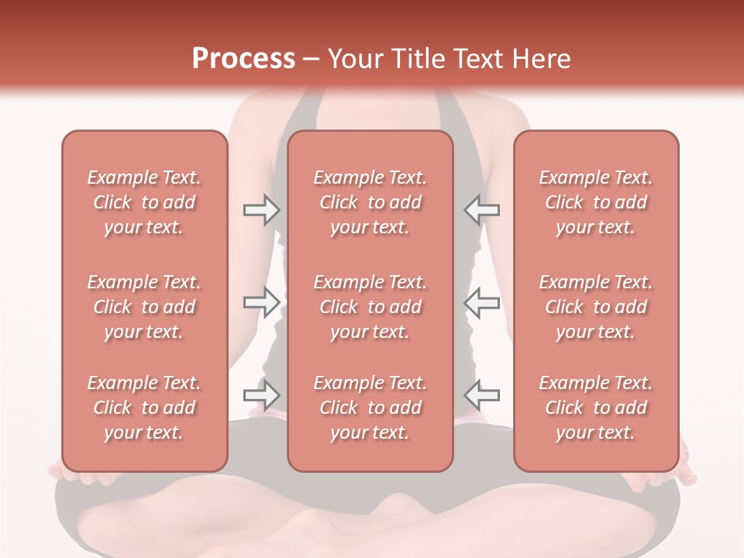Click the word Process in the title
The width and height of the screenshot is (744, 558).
pyautogui.click(x=243, y=59)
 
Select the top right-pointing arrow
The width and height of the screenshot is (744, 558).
pyautogui.click(x=261, y=210)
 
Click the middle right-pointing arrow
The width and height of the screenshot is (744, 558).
pyautogui.click(x=261, y=302)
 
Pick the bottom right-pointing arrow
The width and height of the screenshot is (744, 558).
pyautogui.click(x=261, y=395)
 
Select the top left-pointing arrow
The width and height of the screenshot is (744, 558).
pyautogui.click(x=482, y=210)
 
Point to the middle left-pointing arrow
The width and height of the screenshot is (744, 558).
pyautogui.click(x=482, y=302)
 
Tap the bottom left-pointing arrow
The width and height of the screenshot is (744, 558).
pyautogui.click(x=482, y=395)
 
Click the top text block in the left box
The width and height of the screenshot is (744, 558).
pyautogui.click(x=144, y=202)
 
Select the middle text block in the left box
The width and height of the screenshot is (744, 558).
pyautogui.click(x=144, y=307)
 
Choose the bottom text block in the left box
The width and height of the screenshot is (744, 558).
pyautogui.click(x=144, y=408)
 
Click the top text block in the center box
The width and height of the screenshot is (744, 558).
pyautogui.click(x=370, y=202)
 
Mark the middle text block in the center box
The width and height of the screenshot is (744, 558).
pyautogui.click(x=370, y=307)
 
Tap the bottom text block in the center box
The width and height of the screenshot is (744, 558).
pyautogui.click(x=370, y=408)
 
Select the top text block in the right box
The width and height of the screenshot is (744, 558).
pyautogui.click(x=595, y=202)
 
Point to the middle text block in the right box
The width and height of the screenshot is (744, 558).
pyautogui.click(x=595, y=307)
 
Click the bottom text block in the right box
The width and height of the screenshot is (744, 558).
pyautogui.click(x=595, y=408)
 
